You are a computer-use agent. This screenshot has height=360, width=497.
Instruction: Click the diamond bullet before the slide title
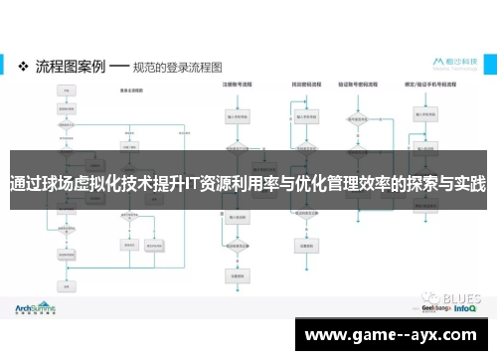[x=24, y=66]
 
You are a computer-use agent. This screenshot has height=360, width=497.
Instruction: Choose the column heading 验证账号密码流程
[x=361, y=86]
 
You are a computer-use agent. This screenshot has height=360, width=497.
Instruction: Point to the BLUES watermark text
[x=457, y=295]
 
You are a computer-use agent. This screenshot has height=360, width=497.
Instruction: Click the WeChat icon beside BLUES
[x=428, y=295]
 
